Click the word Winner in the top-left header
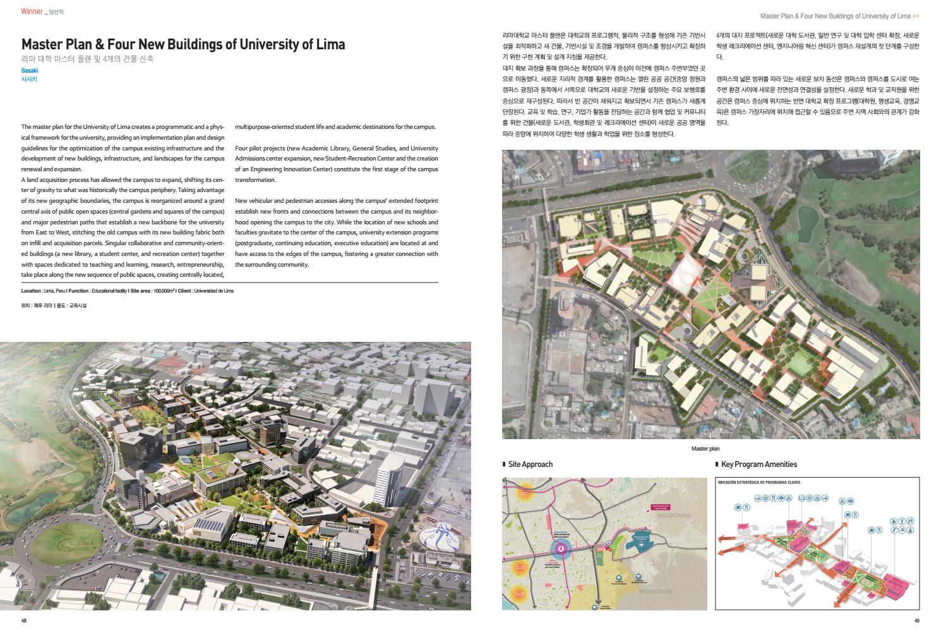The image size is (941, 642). (32, 11)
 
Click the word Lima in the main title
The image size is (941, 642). (330, 44)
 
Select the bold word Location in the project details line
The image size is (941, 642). (32, 291)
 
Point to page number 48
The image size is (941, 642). (24, 620)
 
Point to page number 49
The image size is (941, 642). (916, 620)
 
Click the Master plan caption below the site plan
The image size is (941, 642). (705, 449)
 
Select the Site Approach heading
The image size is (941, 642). (530, 464)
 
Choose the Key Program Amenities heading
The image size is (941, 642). (758, 464)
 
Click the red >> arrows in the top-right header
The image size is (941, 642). (916, 16)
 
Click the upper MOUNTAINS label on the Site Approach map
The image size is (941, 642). (674, 516)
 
